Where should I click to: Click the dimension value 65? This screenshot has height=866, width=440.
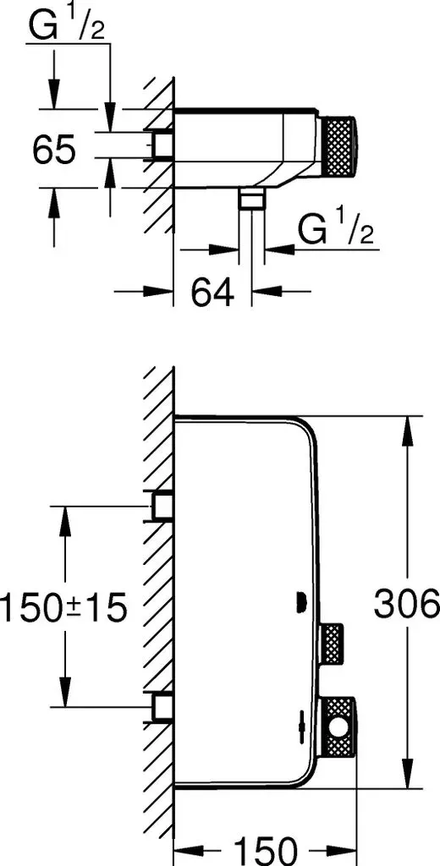tap(53, 149)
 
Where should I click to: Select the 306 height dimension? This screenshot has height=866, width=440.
tap(406, 605)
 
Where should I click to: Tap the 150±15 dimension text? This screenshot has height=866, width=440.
tap(63, 608)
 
